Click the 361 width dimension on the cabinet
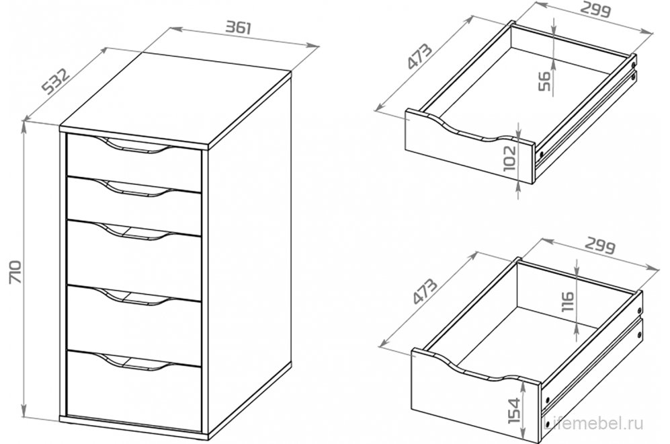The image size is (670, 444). [x=238, y=28]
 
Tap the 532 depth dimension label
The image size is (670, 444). [x=56, y=81]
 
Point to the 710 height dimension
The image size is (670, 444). [x=15, y=272]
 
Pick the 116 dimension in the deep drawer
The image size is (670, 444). [x=569, y=302]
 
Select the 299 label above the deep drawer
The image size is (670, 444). [x=600, y=247]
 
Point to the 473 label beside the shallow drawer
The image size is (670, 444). [x=420, y=56]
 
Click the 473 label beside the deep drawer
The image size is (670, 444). [x=425, y=291]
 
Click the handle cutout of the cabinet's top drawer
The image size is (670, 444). [x=134, y=145]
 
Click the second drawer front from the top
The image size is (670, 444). [x=134, y=205]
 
